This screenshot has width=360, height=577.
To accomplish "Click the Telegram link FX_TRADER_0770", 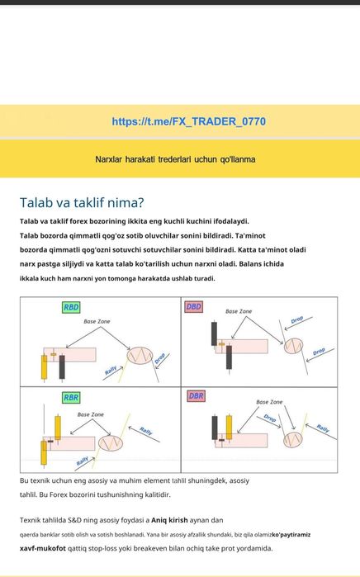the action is [x=189, y=121].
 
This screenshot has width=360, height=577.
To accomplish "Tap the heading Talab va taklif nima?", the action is [x=82, y=203].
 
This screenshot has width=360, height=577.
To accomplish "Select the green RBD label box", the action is [x=71, y=307].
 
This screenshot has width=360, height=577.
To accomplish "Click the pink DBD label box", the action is [x=193, y=306].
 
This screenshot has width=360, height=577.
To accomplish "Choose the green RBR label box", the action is [x=71, y=397].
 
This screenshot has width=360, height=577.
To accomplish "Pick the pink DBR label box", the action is [x=196, y=396].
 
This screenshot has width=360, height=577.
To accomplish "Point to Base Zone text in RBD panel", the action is [x=97, y=321].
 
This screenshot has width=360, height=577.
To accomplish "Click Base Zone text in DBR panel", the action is [x=269, y=402].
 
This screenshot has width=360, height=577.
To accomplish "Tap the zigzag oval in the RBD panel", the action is [x=140, y=356].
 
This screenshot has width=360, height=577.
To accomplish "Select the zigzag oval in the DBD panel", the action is [x=293, y=346].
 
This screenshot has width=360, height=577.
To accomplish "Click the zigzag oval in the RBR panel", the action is [x=111, y=443].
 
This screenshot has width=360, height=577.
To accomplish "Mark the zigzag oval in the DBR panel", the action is [x=293, y=440].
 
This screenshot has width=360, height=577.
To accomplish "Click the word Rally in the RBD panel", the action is [x=111, y=370].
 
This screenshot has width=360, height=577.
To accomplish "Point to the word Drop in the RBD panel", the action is [x=159, y=358].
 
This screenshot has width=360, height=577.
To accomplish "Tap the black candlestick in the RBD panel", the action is [x=62, y=367].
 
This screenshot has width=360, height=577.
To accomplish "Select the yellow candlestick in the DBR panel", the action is [x=229, y=428].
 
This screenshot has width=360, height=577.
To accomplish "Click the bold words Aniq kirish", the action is [x=169, y=520].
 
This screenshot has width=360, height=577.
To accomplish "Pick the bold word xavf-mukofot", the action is [x=43, y=548].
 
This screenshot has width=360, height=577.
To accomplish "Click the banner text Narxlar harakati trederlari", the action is [x=144, y=159].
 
